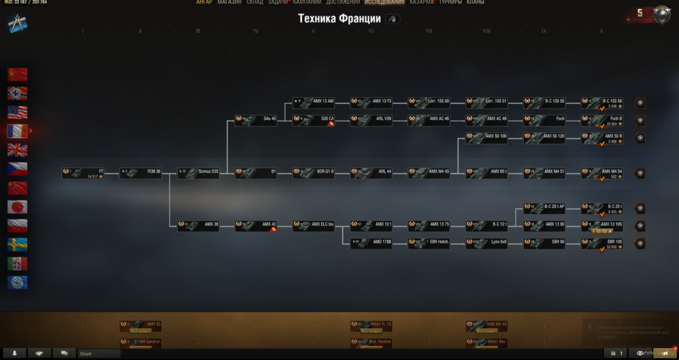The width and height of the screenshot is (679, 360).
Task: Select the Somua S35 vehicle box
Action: point(198,173)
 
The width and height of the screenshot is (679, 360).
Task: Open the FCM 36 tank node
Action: point(141,173)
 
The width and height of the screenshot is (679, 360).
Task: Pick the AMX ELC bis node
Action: point(314,226)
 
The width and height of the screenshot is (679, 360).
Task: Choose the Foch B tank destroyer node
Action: point(602,120)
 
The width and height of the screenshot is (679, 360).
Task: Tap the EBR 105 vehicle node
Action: point(602,243)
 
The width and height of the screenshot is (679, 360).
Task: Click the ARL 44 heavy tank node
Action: point(371,173)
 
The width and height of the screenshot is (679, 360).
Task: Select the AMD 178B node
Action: point(371,243)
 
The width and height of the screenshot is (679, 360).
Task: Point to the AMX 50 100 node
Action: point(487,138)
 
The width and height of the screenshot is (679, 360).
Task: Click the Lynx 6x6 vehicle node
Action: point(487,243)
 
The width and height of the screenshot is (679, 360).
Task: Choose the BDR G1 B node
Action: point(314,173)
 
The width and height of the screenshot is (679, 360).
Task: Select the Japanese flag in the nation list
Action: point(18,206)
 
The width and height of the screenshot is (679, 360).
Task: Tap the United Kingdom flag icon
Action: point(18,150)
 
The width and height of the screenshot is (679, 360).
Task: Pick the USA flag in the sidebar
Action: point(18,112)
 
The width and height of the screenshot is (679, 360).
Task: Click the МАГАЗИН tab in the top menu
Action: point(230,3)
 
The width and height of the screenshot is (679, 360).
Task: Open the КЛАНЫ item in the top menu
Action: point(475,3)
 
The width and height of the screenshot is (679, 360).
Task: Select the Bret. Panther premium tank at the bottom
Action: point(371,342)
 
